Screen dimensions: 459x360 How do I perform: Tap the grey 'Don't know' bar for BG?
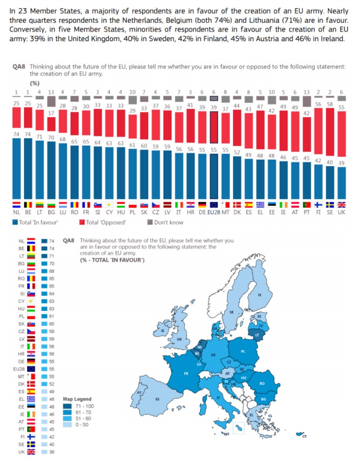point(51,101)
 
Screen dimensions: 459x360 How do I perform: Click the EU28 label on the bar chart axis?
point(214,213)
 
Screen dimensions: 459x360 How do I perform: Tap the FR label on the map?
point(186,373)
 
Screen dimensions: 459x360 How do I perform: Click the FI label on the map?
point(260,295)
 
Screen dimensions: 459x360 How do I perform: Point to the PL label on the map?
point(243,351)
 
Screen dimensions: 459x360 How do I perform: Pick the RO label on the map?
point(262,383)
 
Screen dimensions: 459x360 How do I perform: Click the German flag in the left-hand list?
point(31,361)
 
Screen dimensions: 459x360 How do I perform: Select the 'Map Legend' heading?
point(77,399)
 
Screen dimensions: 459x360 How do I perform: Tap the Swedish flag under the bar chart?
point(330,205)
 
